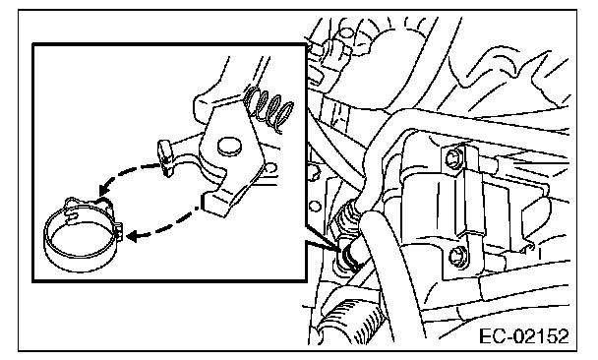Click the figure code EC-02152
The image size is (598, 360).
523,337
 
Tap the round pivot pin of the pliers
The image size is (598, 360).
229,146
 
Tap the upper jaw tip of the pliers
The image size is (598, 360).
165,158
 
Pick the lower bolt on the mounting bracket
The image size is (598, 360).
455,257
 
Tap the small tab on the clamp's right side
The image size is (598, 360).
119,231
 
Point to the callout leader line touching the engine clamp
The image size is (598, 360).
323,237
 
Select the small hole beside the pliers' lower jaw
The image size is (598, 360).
270,168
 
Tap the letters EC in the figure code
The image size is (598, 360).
493,337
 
